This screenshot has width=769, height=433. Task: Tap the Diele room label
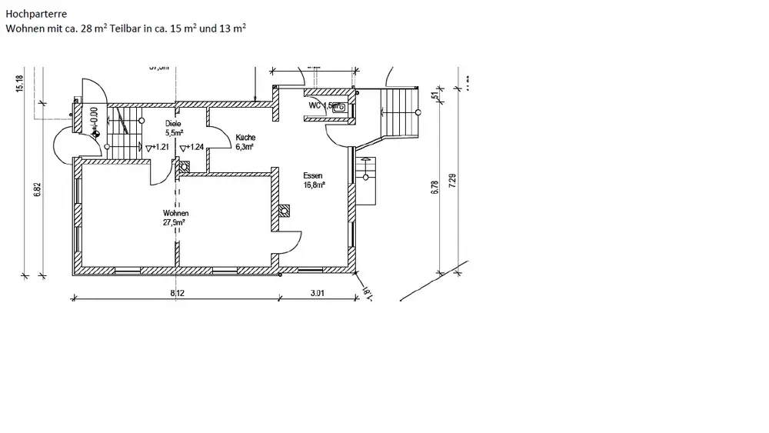coord(172,123)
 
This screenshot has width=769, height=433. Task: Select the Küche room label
coord(246,138)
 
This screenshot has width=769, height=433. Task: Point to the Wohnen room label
coord(175,213)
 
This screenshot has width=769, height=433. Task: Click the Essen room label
coord(313,175)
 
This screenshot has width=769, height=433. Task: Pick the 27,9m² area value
coord(175,222)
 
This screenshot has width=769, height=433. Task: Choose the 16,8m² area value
coord(315,185)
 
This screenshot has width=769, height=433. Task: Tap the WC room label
coord(315,105)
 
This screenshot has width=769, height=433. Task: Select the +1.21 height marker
coord(157,147)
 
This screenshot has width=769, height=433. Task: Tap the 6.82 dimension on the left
coord(36,189)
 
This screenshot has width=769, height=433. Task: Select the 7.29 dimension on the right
coord(453,182)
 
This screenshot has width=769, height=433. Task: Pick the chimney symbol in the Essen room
coord(285,208)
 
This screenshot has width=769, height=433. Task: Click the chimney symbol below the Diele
coord(184,165)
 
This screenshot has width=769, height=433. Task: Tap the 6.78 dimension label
coord(435,187)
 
